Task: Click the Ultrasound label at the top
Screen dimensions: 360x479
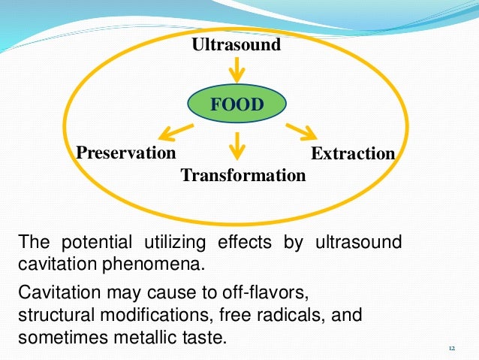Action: (236, 44)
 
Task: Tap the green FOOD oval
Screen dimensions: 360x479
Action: (236, 104)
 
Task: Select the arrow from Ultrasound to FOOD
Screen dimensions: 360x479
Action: (236, 69)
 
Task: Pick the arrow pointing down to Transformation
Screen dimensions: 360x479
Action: (237, 146)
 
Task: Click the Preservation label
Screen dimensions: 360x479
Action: (126, 153)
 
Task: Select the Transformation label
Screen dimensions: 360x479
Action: (243, 175)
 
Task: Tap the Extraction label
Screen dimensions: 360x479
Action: (353, 153)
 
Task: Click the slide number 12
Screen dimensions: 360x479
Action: (451, 348)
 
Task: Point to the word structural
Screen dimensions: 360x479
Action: (53, 313)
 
